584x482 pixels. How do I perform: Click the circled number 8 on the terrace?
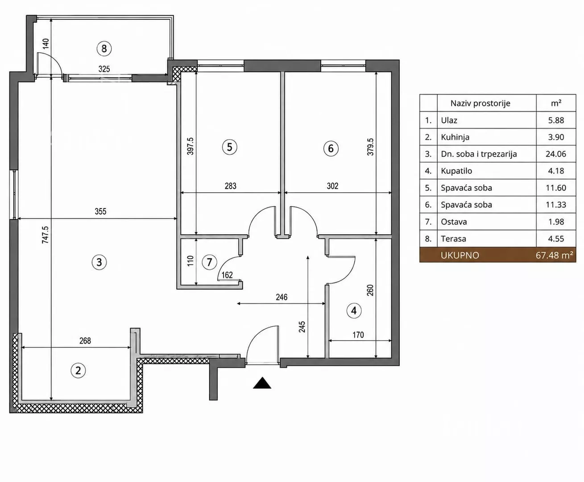104,49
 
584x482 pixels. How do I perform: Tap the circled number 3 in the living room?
99,262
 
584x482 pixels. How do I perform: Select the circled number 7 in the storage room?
209,262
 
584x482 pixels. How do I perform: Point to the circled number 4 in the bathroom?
354,311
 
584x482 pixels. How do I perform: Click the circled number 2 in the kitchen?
78,371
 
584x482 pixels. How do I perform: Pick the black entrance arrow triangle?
262,383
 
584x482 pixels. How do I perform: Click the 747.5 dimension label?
46,235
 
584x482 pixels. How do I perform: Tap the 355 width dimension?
100,212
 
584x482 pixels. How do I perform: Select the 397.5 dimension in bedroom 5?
190,146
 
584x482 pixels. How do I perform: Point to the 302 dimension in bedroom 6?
332,186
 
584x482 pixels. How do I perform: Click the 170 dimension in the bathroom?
358,335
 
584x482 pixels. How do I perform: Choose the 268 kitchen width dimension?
85,341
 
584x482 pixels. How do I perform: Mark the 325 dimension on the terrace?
104,69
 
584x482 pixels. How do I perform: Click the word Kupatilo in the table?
456,171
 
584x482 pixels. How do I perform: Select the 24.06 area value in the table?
556,154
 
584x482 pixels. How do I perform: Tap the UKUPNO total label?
460,255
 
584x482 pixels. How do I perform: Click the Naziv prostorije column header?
480,104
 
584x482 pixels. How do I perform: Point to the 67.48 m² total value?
554,255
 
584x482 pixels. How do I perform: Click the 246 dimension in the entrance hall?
282,297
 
